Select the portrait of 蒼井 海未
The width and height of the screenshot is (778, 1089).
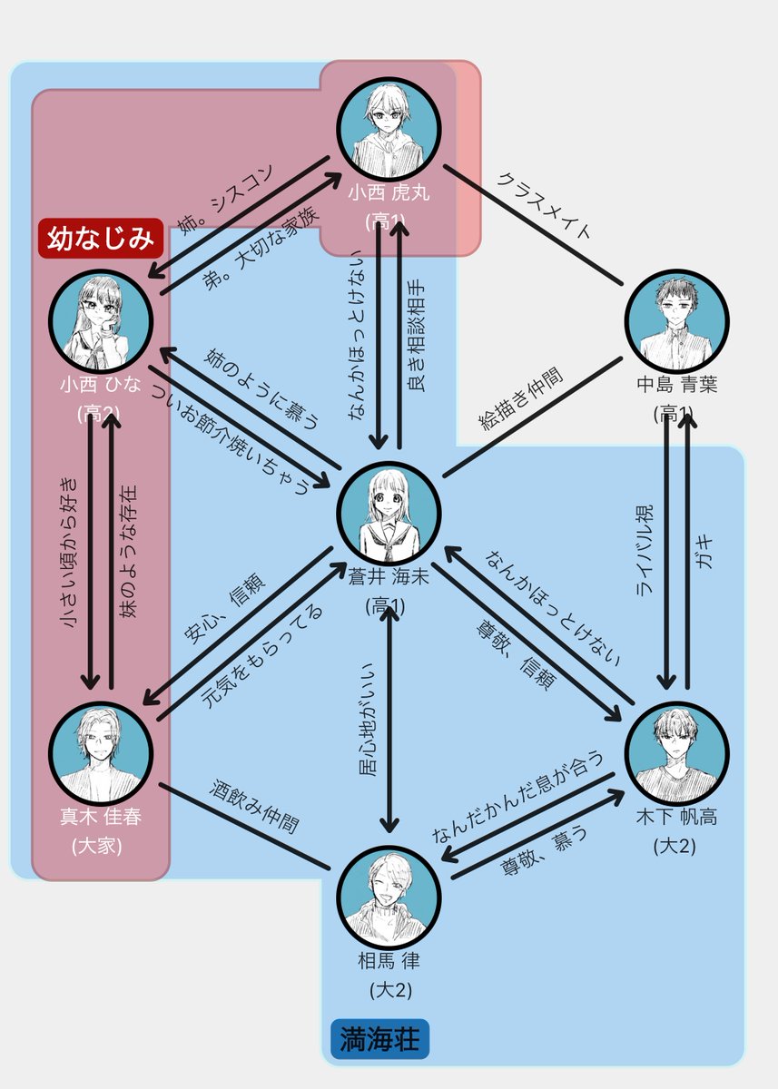coord(389,514)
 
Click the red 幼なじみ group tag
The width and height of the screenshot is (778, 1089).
coord(101,239)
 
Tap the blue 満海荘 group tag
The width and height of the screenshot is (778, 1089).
coord(379,1040)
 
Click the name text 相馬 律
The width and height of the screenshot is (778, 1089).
coord(389,960)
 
